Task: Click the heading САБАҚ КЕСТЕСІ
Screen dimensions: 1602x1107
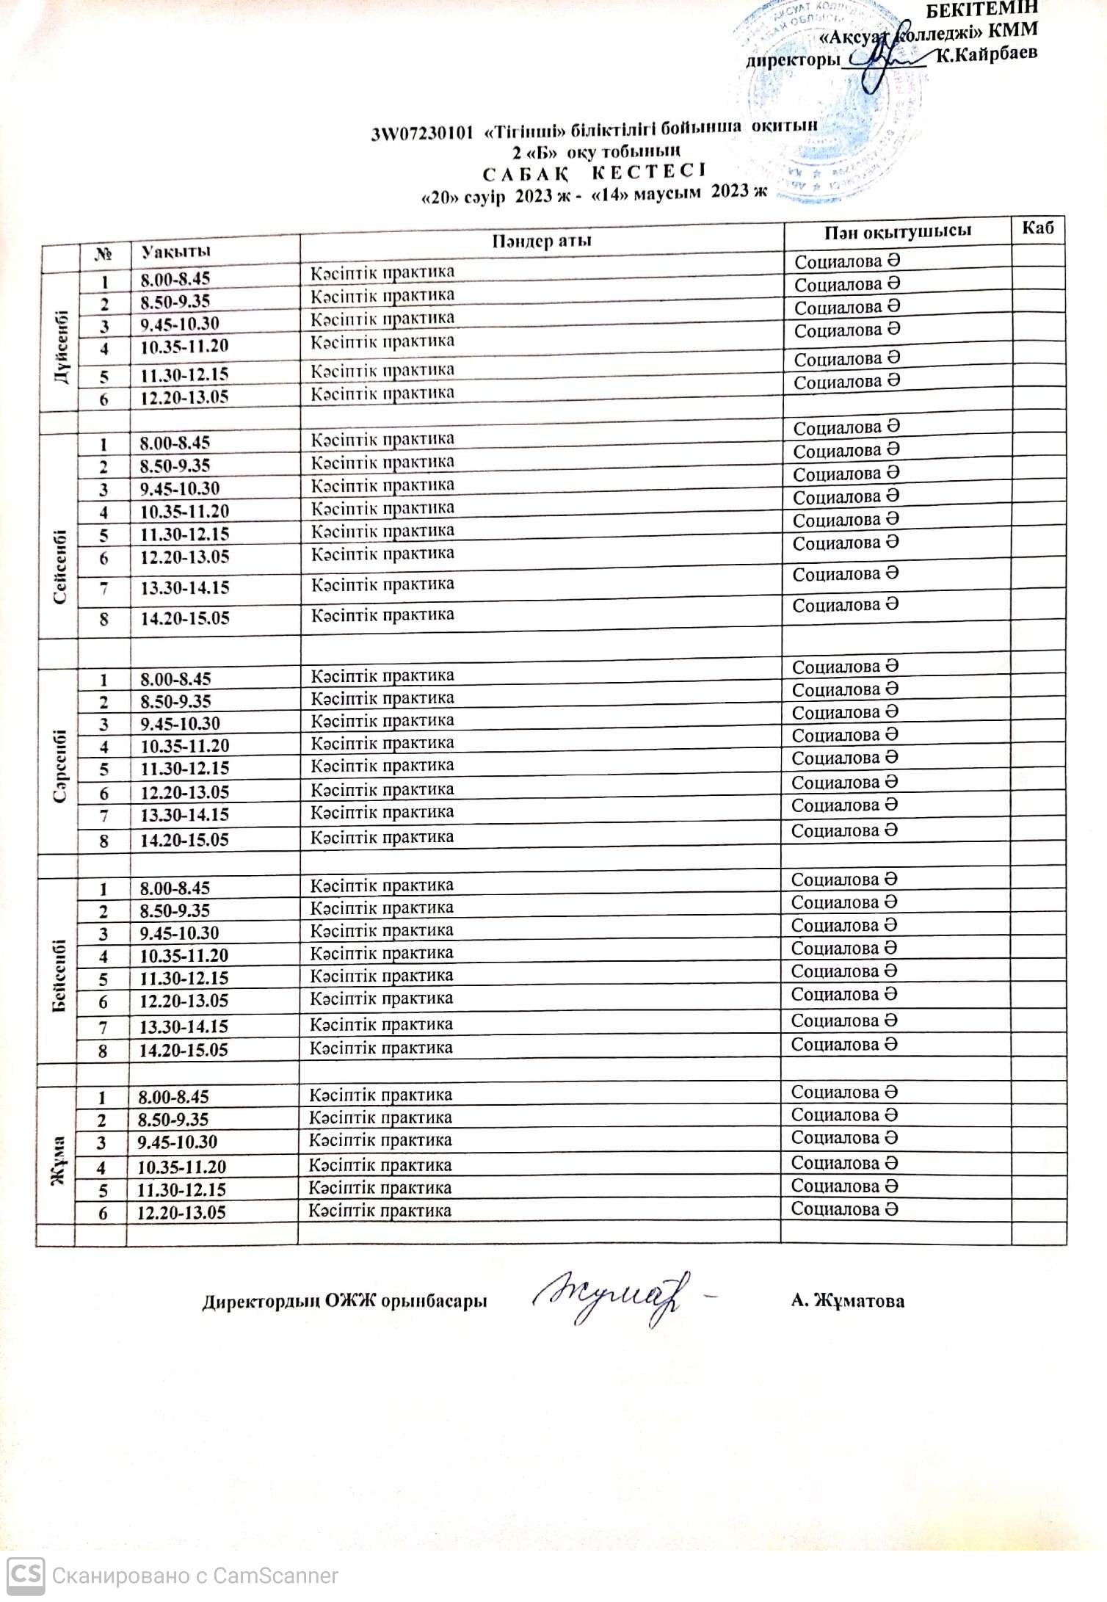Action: click(593, 173)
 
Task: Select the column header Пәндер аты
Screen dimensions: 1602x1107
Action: click(542, 241)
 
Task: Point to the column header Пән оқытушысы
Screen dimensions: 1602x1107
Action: click(897, 231)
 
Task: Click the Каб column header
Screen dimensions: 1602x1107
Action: click(1037, 228)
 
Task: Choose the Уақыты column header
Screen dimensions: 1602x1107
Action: click(175, 252)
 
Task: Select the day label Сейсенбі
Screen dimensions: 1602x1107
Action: click(60, 567)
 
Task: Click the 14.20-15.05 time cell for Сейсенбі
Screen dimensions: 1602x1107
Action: click(185, 618)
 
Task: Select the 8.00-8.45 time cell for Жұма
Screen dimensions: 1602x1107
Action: click(174, 1097)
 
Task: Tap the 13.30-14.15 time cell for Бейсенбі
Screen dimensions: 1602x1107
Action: click(184, 1026)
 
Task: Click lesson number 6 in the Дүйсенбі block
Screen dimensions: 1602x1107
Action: click(104, 399)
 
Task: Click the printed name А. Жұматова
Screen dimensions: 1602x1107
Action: click(847, 1302)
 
